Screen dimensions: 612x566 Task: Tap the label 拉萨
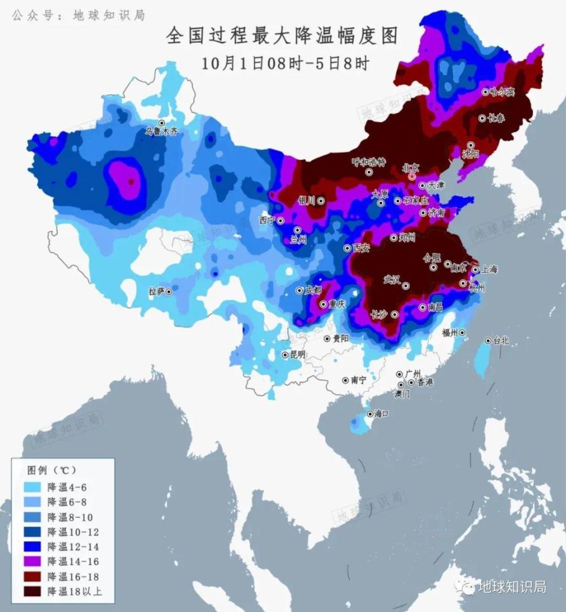pyautogui.click(x=156, y=292)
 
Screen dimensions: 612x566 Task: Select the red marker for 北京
pyautogui.click(x=412, y=176)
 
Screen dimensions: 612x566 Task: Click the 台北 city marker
pyautogui.click(x=488, y=341)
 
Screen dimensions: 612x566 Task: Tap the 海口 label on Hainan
pyautogui.click(x=381, y=414)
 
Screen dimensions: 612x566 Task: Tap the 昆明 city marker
pyautogui.click(x=285, y=355)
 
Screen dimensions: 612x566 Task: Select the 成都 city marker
pyautogui.click(x=300, y=290)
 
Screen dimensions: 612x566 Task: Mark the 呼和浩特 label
pyautogui.click(x=368, y=162)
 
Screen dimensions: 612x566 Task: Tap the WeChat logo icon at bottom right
pyautogui.click(x=468, y=587)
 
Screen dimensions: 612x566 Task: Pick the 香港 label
pyautogui.click(x=425, y=382)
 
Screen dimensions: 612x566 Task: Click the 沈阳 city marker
pyautogui.click(x=471, y=145)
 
